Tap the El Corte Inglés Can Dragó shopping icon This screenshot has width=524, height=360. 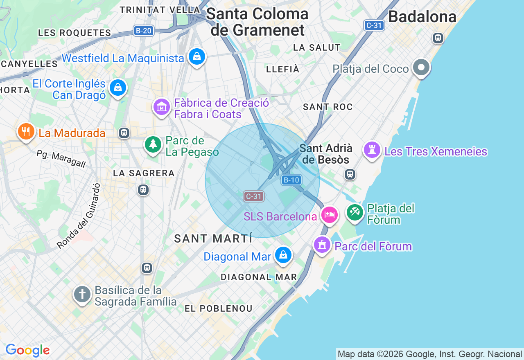pos(118,88)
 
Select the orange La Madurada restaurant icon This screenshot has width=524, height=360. pos(26,131)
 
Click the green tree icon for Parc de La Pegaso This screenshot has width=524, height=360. pos(154,144)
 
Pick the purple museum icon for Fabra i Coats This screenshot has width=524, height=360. pos(162,107)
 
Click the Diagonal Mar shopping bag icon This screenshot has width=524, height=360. pos(283,255)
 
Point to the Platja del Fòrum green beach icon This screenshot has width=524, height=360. pos(355,212)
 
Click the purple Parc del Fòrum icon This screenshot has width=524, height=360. pos(322,245)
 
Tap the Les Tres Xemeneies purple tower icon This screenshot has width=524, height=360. pos(372,150)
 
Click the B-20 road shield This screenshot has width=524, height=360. pos(143,31)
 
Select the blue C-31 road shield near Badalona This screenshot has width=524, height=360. pos(374,25)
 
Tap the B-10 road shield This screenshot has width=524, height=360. pos(291,180)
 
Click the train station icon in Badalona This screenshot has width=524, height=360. pos(438,38)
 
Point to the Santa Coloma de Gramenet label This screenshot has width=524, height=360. pos(257,22)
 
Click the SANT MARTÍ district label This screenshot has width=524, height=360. pos(213,239)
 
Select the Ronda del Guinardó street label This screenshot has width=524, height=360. pos(79,216)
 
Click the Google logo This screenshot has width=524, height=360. pos(27,350)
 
